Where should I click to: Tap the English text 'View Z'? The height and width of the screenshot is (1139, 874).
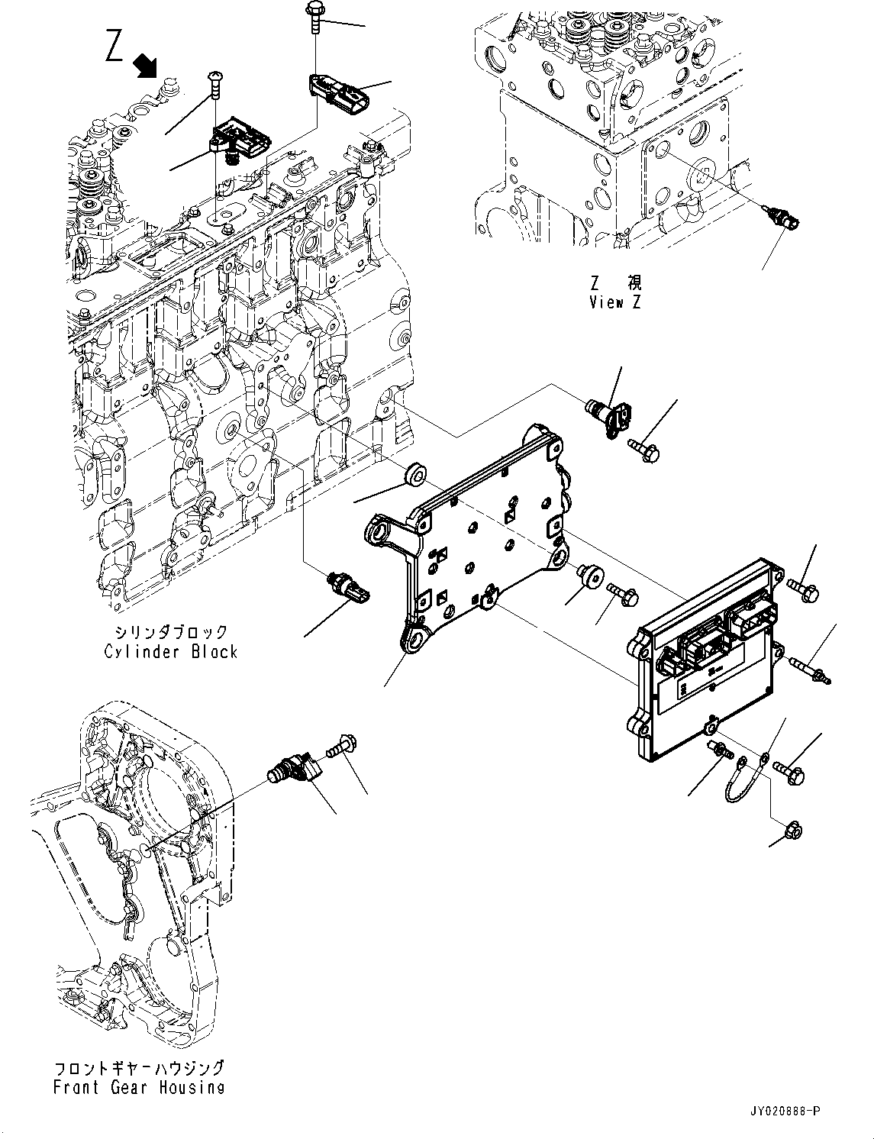[615, 302]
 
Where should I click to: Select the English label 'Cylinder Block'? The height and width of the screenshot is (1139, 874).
[171, 652]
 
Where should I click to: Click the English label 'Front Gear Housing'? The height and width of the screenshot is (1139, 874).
[139, 1087]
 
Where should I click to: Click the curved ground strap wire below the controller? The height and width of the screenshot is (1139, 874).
[739, 782]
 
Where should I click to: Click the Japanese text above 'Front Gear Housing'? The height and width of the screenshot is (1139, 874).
[139, 1067]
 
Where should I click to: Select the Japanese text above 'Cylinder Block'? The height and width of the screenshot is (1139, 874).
[171, 631]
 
